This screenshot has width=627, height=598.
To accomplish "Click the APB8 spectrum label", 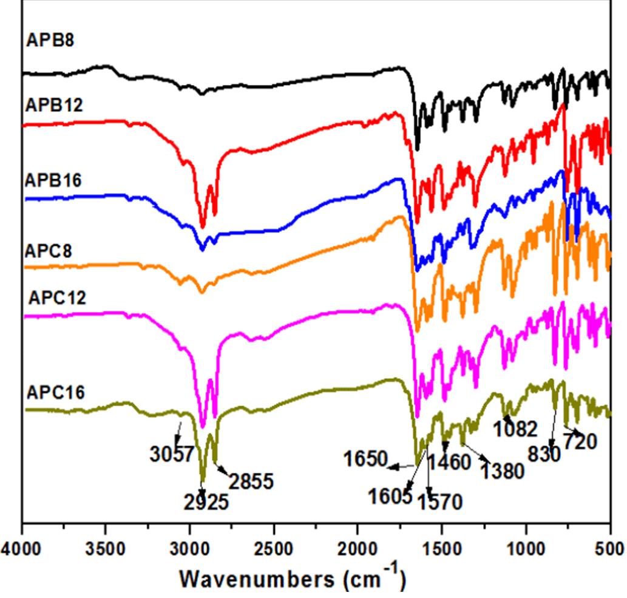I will tap(50, 42).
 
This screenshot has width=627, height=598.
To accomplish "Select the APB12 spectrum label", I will tap(54, 104).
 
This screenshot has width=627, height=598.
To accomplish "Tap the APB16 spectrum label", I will tap(54, 180).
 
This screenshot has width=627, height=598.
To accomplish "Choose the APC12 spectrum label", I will tap(56, 299).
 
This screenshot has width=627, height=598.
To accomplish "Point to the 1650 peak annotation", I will tap(365, 459).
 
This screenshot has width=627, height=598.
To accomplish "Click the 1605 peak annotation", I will tap(389, 497).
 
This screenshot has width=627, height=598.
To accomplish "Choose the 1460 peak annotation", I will tap(449, 463).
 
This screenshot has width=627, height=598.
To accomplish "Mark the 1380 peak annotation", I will tap(503, 471).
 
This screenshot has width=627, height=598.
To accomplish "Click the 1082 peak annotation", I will tap(515, 430).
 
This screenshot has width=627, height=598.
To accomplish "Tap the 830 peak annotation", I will tap(545, 454).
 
